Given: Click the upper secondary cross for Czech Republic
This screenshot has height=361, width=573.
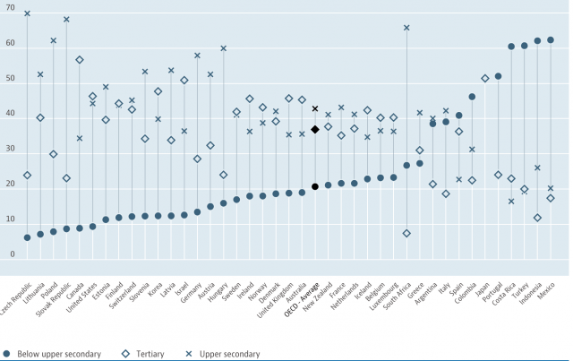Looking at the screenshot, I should pyautogui.click(x=27, y=13).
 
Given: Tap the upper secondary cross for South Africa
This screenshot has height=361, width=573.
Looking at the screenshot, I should pyautogui.click(x=406, y=28).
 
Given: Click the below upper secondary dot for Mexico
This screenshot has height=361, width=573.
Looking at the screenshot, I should pyautogui.click(x=551, y=39).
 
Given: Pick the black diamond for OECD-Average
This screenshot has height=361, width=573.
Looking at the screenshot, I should pyautogui.click(x=315, y=130).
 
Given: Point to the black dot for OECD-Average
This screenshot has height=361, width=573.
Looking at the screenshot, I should pyautogui.click(x=315, y=186).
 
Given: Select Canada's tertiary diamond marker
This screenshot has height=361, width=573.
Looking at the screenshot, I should pyautogui.click(x=80, y=60).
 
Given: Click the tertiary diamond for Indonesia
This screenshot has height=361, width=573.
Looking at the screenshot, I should pyautogui.click(x=537, y=218).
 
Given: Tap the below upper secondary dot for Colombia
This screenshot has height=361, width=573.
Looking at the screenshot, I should pyautogui.click(x=472, y=97).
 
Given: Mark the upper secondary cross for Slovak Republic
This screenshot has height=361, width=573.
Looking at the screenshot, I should pyautogui.click(x=66, y=19).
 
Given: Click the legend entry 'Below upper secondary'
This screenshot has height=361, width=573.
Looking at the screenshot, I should pyautogui.click(x=54, y=354).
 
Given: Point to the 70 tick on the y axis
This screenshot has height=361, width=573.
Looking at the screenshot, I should pyautogui.click(x=10, y=8).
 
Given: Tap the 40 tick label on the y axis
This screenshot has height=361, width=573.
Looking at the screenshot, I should pyautogui.click(x=10, y=114).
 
